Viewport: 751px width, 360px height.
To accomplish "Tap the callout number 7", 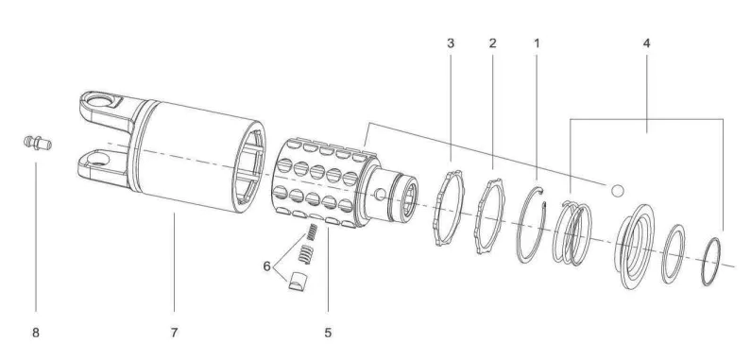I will coord(174,332).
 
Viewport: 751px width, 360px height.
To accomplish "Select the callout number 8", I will coord(36,332).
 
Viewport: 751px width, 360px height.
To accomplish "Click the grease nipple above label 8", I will coord(36,143).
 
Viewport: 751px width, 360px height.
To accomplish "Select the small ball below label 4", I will coord(617,190).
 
